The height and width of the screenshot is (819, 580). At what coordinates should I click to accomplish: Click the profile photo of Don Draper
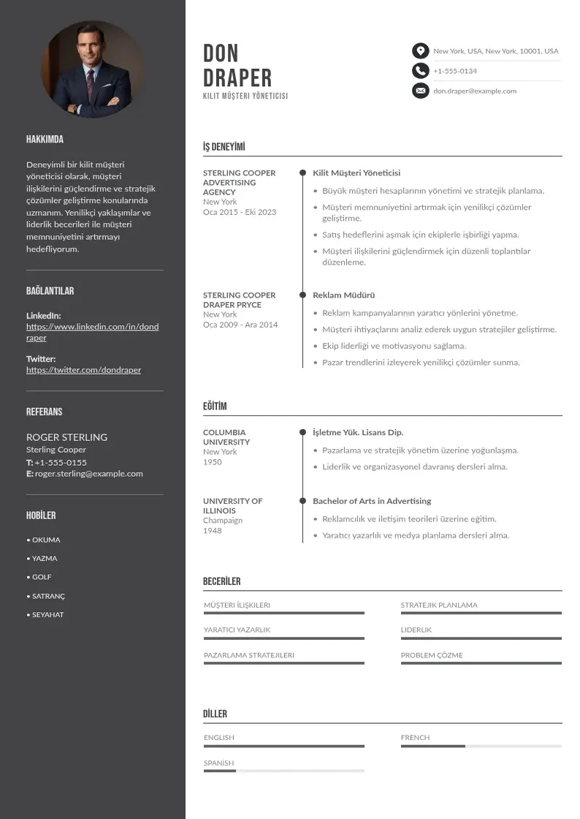pyautogui.click(x=92, y=69)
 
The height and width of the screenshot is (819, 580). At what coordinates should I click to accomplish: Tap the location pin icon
pyautogui.click(x=420, y=50)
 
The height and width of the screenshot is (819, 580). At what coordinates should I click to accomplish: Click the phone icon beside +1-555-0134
pyautogui.click(x=420, y=71)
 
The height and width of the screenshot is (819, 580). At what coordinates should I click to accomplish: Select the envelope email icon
pyautogui.click(x=420, y=91)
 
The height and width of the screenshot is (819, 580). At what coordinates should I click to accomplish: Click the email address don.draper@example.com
pyautogui.click(x=475, y=91)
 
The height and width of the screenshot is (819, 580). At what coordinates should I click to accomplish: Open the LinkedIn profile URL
pyautogui.click(x=92, y=332)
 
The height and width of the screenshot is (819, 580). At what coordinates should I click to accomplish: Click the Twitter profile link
pyautogui.click(x=83, y=370)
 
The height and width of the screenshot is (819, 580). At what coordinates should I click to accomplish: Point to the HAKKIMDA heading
pyautogui.click(x=45, y=139)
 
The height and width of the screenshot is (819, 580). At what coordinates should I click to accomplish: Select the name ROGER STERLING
pyautogui.click(x=66, y=437)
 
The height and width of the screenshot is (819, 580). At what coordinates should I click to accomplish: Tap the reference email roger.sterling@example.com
pyautogui.click(x=88, y=474)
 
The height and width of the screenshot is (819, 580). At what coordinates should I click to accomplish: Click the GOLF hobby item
pyautogui.click(x=42, y=577)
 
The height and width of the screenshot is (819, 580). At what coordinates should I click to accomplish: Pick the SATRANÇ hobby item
pyautogui.click(x=48, y=596)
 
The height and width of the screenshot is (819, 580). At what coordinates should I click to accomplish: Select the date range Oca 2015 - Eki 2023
pyautogui.click(x=240, y=212)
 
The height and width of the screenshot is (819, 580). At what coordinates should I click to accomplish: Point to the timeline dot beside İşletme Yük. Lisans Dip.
pyautogui.click(x=302, y=432)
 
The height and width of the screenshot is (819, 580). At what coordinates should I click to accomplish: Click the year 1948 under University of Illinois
pyautogui.click(x=213, y=531)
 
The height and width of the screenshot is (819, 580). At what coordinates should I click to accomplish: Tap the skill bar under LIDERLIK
pyautogui.click(x=481, y=638)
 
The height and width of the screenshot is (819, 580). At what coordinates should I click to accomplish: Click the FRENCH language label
pyautogui.click(x=415, y=738)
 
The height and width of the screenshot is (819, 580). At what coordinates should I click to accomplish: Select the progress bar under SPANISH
pyautogui.click(x=283, y=771)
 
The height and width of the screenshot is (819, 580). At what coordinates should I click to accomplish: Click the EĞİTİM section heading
pyautogui.click(x=215, y=407)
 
